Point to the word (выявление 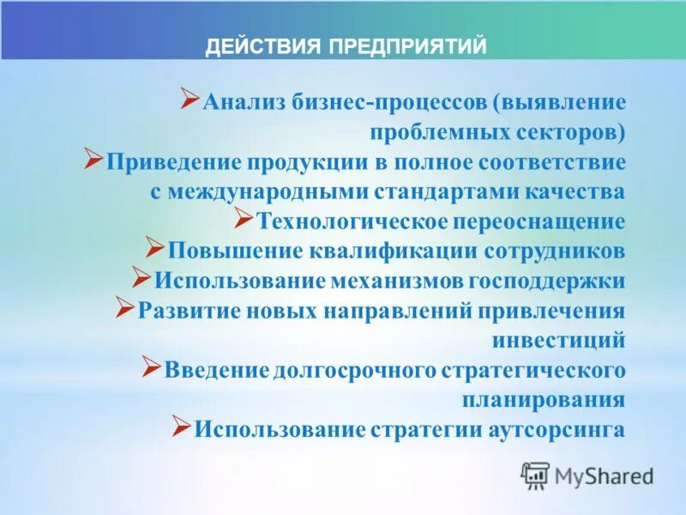click(x=559, y=103)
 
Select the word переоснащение click(x=539, y=221)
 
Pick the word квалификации click(x=378, y=251)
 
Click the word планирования click(x=544, y=400)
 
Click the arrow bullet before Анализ click(x=190, y=100)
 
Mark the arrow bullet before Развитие click(x=125, y=306)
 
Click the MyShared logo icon click(x=535, y=475)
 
